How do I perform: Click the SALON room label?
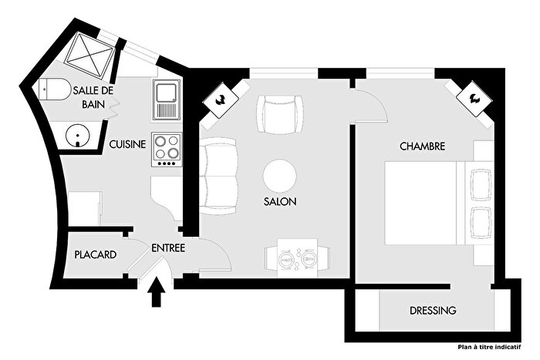(279, 201)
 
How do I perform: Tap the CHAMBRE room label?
(421, 146)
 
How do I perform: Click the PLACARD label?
(96, 255)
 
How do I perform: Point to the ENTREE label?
(167, 247)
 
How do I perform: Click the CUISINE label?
(127, 144)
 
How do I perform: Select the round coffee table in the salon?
(279, 175)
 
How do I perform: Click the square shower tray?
(89, 54)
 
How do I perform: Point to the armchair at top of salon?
(277, 114)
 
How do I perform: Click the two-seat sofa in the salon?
(221, 176)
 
